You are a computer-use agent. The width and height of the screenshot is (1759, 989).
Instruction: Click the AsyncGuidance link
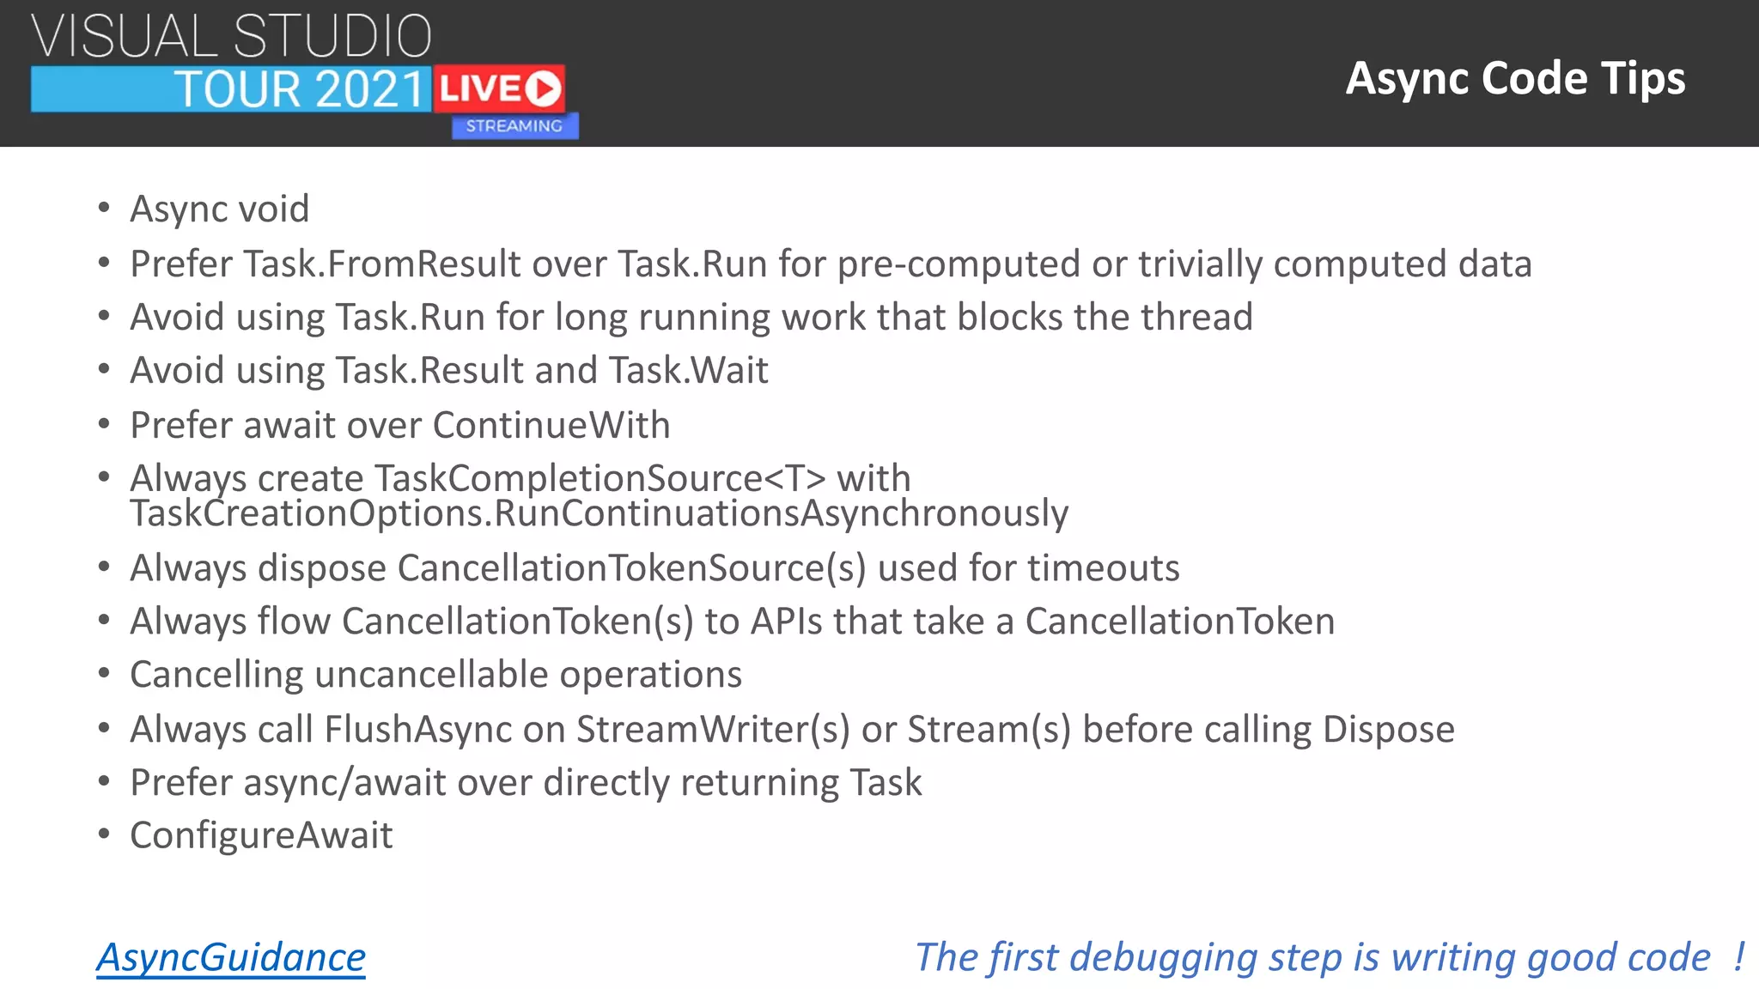(x=230, y=957)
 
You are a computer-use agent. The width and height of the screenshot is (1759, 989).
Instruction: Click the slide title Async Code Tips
(x=1515, y=78)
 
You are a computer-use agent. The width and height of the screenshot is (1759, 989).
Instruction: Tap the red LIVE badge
(x=499, y=88)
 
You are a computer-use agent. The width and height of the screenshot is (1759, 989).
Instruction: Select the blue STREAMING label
(x=514, y=126)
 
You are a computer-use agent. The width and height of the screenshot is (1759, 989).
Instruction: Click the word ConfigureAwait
(x=261, y=835)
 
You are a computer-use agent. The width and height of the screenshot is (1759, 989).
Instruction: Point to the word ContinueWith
(x=551, y=425)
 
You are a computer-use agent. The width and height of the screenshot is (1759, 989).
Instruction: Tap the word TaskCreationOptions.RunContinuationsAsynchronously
(x=599, y=513)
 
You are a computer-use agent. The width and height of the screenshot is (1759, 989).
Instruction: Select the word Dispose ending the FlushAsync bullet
(x=1388, y=729)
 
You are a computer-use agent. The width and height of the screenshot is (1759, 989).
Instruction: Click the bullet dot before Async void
(x=104, y=208)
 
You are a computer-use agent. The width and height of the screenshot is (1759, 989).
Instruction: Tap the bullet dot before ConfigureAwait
(x=104, y=834)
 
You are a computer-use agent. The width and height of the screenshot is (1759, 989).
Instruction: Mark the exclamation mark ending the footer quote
(x=1738, y=956)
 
